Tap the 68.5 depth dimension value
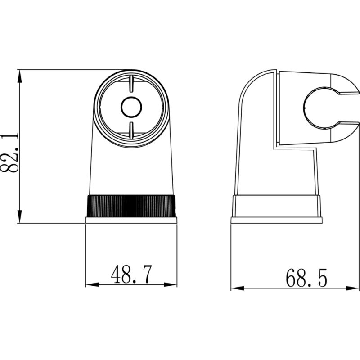[306, 278]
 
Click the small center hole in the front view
[131, 107]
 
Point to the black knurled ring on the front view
[131, 206]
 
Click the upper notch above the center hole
[131, 84]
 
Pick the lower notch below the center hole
[131, 130]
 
